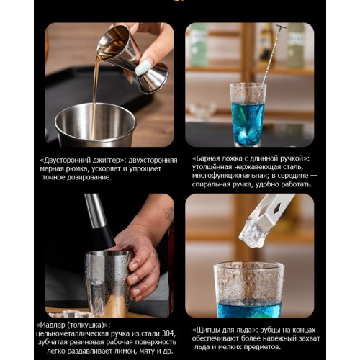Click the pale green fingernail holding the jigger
pos(143,68)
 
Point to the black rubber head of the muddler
pos(104,237)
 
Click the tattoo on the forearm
pos(168,213)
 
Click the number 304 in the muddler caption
pos(169,333)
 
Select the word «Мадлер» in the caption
pos(52,325)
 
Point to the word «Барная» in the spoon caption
pos(207,158)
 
